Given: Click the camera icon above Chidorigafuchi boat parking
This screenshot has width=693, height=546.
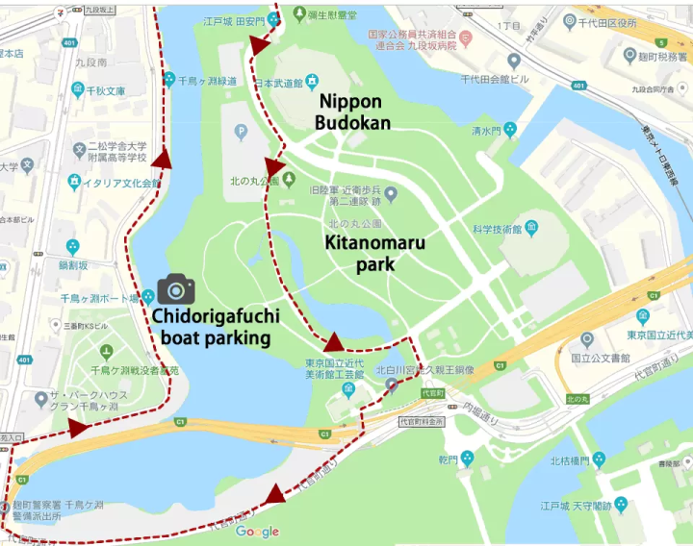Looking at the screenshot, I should coord(175,288).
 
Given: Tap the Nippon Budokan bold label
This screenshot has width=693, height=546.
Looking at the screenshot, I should coord(353,112).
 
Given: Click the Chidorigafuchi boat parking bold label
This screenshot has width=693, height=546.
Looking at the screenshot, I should coord(215,327).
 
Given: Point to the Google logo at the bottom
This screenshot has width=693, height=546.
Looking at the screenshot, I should coord(257,532).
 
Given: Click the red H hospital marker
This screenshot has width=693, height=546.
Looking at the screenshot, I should coord(466,39).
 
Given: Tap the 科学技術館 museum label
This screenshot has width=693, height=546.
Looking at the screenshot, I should coord(496,230).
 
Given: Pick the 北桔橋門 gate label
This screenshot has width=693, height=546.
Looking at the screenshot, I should coord(574,460).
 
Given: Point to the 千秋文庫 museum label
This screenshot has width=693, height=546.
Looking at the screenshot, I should coord(100,91).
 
